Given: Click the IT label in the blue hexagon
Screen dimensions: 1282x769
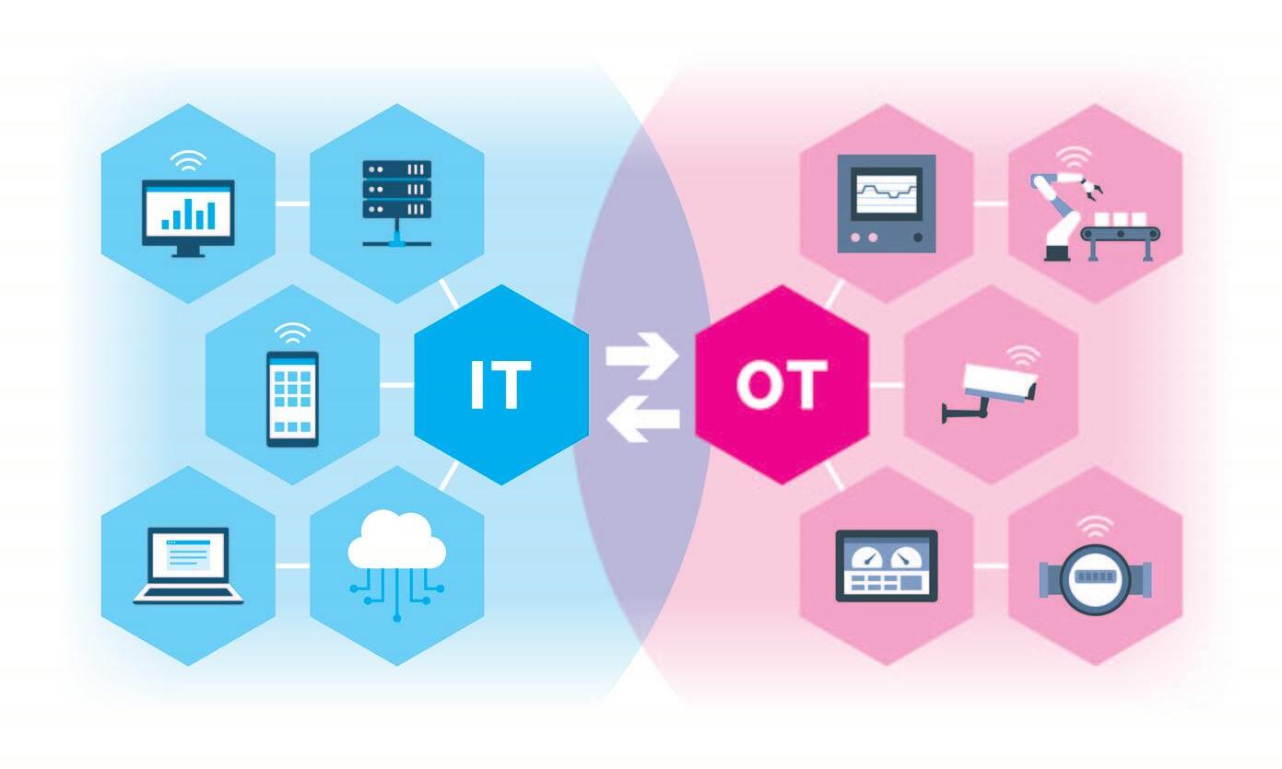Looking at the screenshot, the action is coord(500,385).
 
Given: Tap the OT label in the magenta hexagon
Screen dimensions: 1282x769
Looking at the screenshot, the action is coord(781,385).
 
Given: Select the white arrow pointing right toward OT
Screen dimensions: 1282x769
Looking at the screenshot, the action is coord(641,355).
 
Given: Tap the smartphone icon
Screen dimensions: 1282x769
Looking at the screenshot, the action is coord(293,398).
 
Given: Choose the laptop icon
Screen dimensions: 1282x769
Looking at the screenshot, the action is coord(188,565).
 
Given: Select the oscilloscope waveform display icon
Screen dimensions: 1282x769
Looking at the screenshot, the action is coord(886,203).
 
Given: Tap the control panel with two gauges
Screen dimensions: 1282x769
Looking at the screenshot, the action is coord(886,565).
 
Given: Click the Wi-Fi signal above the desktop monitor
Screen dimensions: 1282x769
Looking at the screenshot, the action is coord(188,163).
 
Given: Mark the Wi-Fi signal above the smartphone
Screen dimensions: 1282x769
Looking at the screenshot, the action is coord(293,332).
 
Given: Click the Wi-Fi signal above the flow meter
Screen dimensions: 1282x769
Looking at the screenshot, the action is coord(1095,528).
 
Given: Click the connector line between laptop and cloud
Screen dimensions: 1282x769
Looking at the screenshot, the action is coord(292,565).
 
